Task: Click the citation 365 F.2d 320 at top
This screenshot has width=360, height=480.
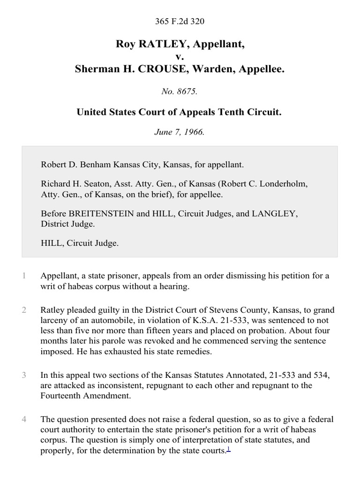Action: click(180, 21)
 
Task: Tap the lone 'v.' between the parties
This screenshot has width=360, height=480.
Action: click(180, 57)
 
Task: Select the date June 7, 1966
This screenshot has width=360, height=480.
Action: click(180, 132)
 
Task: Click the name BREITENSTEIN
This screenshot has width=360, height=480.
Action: click(99, 214)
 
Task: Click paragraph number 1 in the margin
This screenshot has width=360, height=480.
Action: click(24, 276)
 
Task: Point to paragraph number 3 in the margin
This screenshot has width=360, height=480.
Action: click(24, 375)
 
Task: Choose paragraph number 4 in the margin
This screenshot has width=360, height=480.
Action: click(24, 420)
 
